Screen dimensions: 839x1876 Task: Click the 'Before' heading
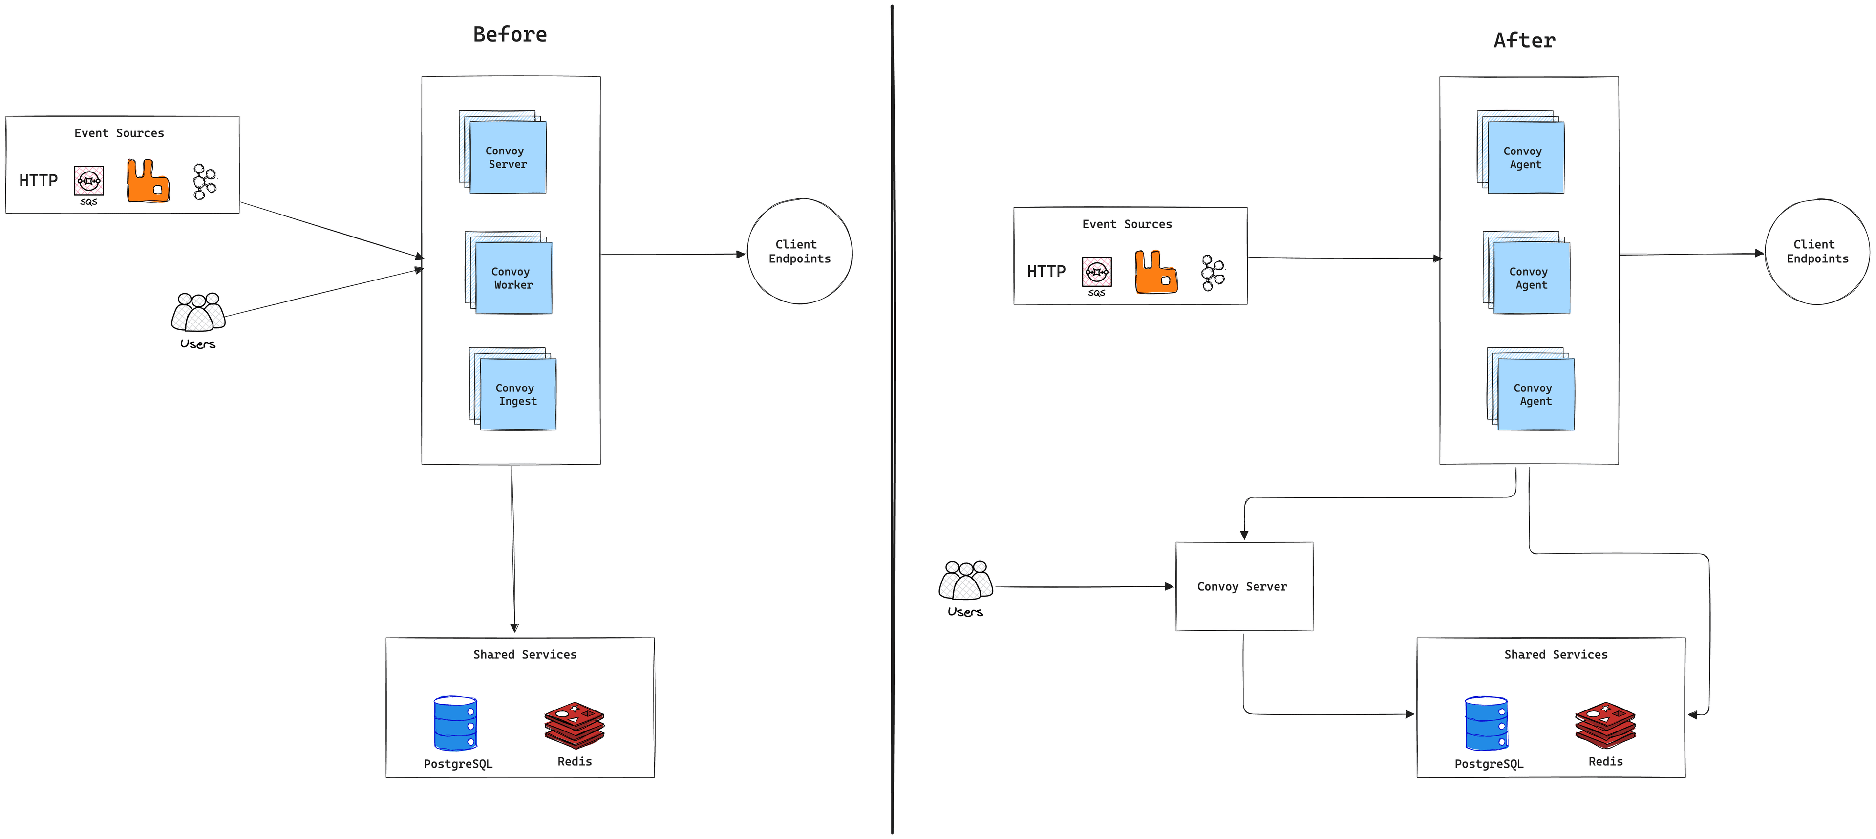coord(510,34)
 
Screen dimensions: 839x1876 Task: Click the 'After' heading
coord(1524,41)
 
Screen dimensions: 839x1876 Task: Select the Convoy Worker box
coord(513,278)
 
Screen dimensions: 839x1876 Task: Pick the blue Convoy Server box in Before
coord(508,157)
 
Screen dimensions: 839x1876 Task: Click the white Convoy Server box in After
coord(1244,586)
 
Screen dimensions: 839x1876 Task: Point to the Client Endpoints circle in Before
coord(800,251)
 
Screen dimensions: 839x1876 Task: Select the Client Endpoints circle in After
coord(1817,251)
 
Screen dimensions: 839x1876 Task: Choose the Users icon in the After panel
coord(966,581)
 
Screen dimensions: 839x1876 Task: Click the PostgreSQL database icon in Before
coord(455,723)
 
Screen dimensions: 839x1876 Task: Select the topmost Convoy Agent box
coord(1526,157)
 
